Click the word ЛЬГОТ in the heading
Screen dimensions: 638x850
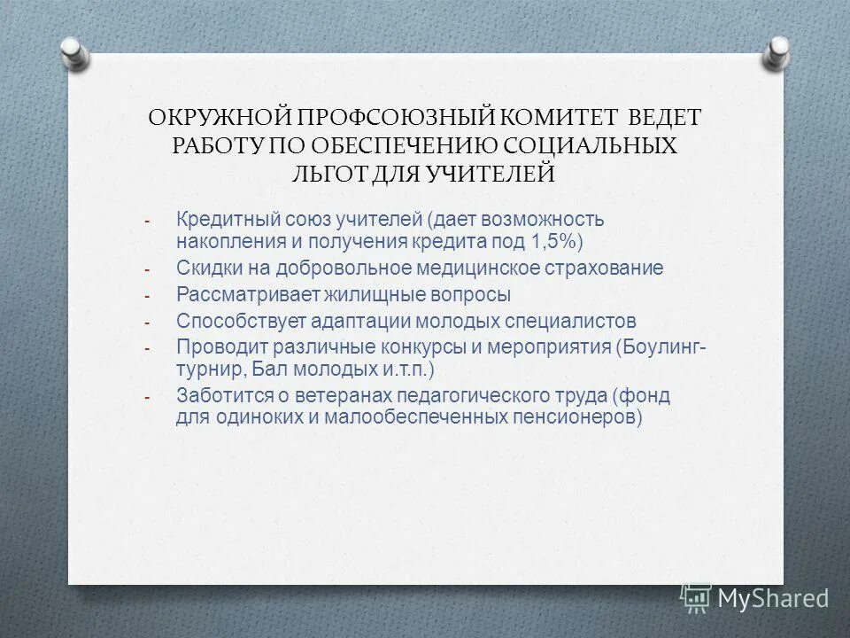pyautogui.click(x=330, y=173)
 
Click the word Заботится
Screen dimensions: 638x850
pyautogui.click(x=218, y=395)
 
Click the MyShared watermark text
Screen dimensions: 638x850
pyautogui.click(x=772, y=598)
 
